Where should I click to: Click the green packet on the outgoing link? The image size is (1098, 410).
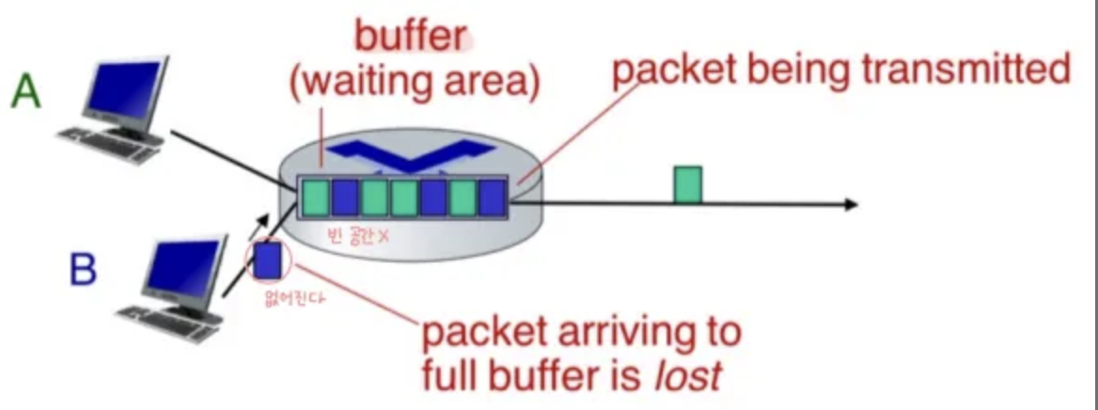(x=687, y=184)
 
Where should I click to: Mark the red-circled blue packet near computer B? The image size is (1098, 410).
(x=268, y=260)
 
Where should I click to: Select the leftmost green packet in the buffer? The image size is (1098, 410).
(x=315, y=197)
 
